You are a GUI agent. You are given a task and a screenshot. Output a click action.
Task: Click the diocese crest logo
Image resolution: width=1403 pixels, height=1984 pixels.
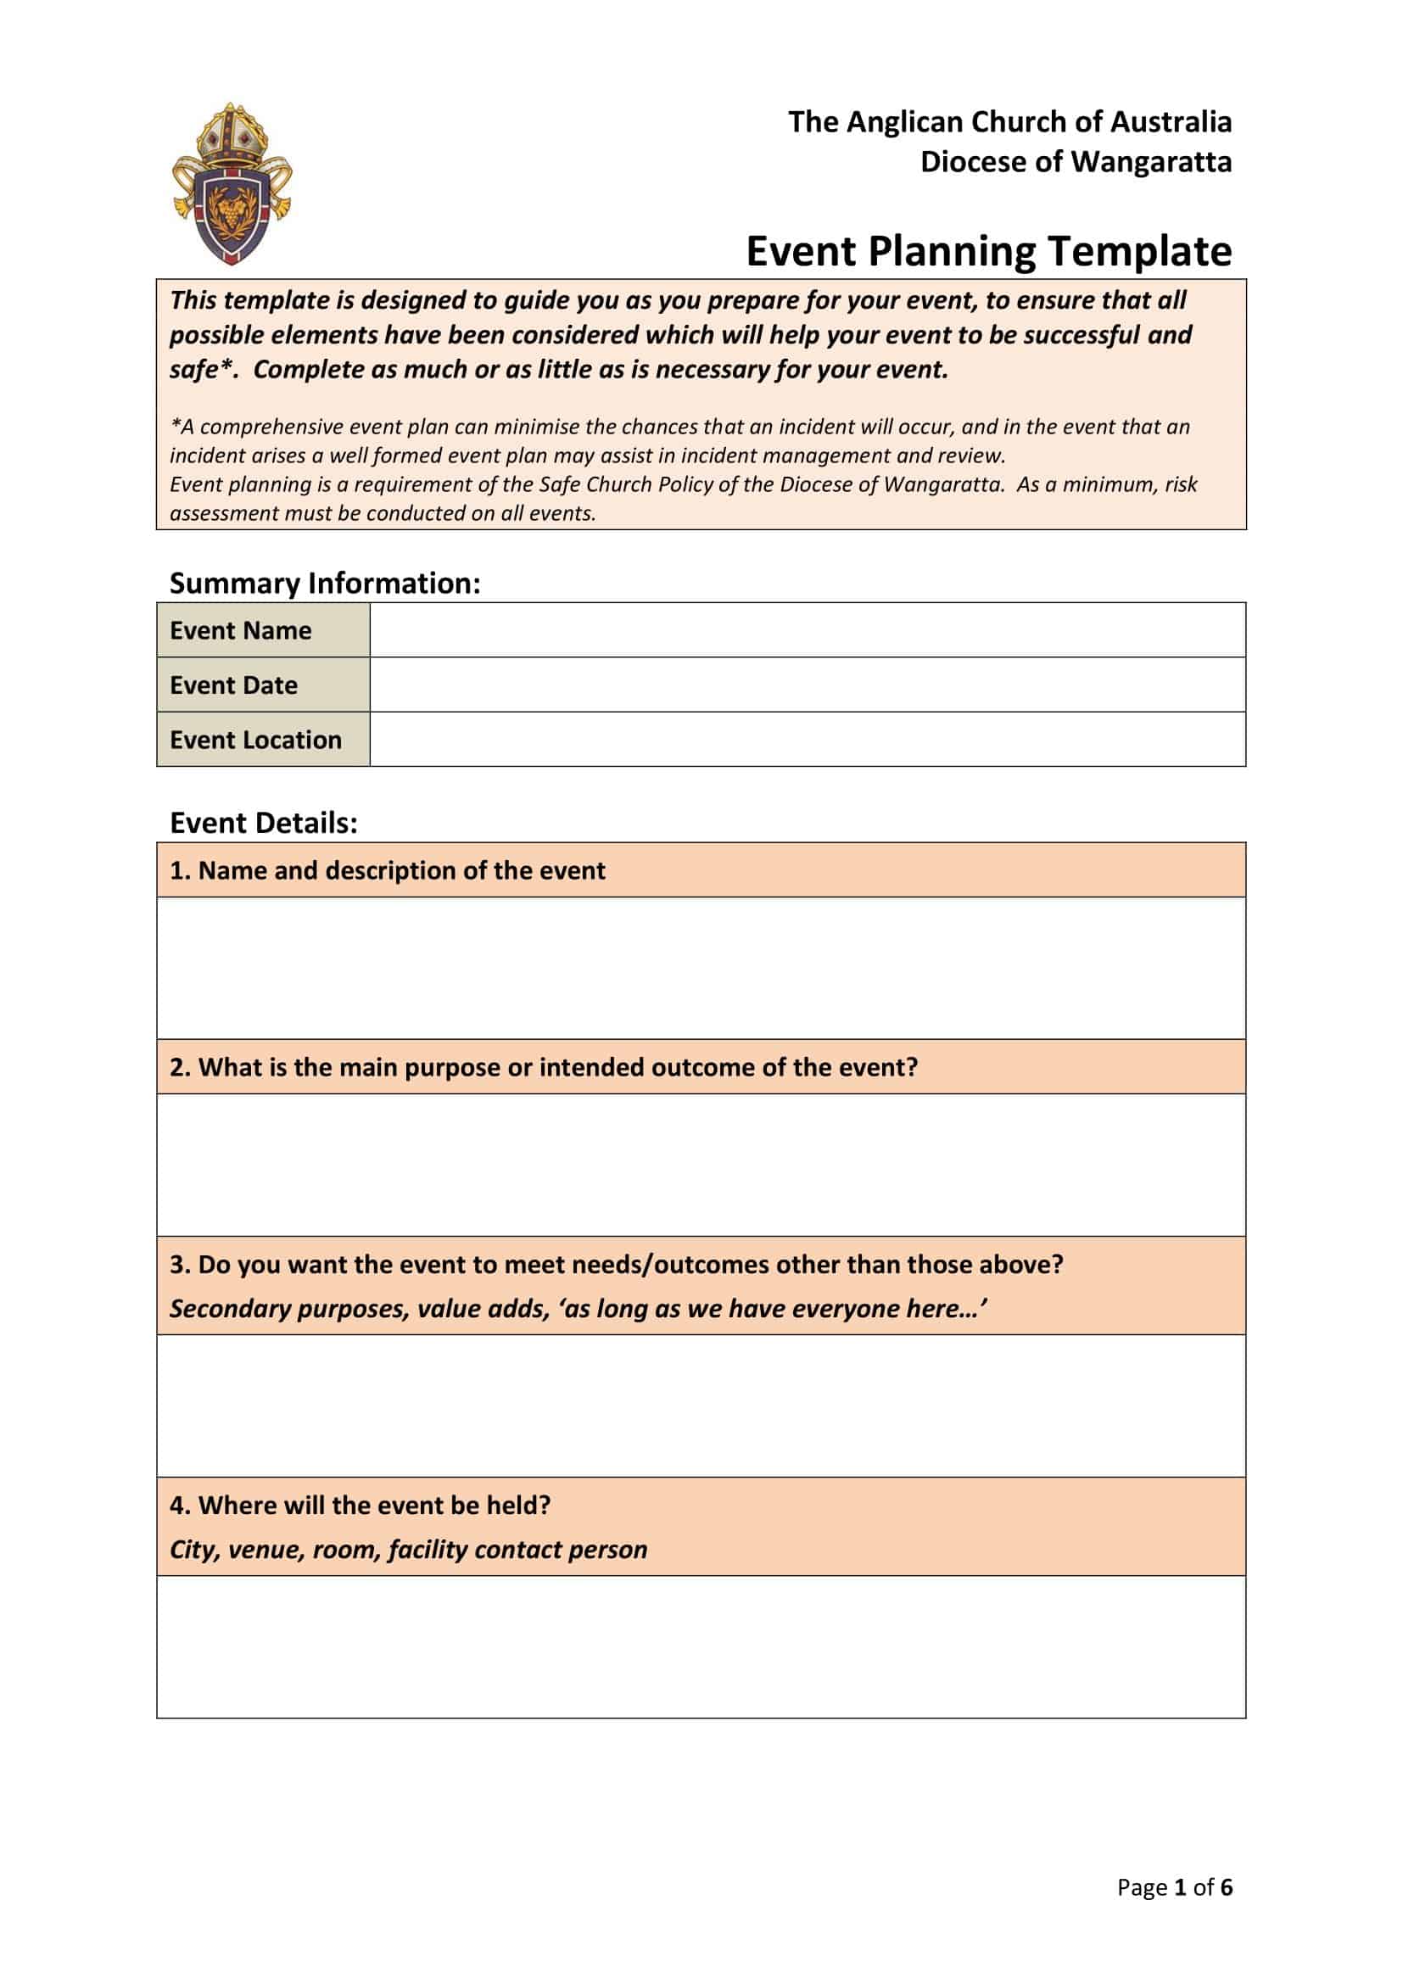[x=232, y=183]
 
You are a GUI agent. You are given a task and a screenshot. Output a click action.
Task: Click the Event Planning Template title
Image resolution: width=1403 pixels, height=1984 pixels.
[x=988, y=251]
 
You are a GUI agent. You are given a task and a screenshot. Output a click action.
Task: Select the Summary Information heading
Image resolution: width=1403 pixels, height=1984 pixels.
[x=324, y=584]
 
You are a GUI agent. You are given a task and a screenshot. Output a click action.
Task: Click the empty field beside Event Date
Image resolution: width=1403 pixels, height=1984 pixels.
[x=807, y=685]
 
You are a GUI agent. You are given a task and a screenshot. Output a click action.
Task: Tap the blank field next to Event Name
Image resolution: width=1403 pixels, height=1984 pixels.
[x=807, y=630]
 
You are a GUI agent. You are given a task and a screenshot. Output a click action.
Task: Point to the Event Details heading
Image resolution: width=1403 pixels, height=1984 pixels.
[x=263, y=823]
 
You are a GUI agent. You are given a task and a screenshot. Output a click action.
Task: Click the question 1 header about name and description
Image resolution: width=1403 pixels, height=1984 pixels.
[x=387, y=870]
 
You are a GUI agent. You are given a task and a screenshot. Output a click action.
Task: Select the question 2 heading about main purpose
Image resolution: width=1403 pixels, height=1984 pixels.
[x=543, y=1067]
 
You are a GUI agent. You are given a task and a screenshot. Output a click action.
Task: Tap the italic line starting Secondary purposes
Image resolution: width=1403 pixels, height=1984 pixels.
[x=577, y=1308]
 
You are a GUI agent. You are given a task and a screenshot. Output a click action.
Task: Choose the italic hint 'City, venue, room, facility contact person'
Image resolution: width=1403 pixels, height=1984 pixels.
[x=408, y=1550]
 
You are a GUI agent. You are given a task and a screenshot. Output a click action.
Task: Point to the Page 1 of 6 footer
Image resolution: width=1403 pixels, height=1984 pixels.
[x=1173, y=1887]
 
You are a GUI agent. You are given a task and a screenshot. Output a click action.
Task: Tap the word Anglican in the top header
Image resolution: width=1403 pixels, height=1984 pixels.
[x=903, y=122]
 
